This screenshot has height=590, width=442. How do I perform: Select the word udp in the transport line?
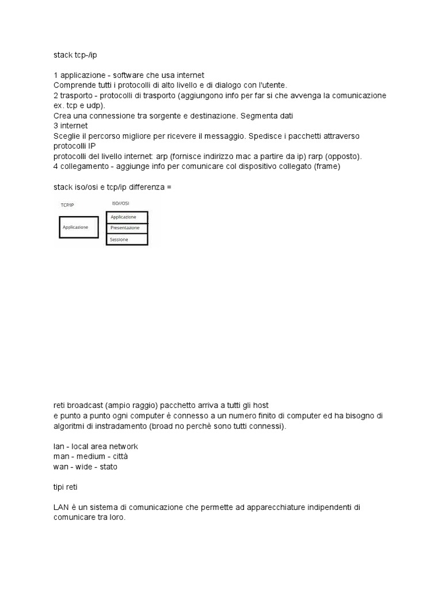click(96, 106)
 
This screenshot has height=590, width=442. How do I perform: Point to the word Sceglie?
click(67, 137)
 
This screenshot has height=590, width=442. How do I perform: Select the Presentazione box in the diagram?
click(127, 228)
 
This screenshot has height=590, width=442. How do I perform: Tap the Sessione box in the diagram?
click(127, 239)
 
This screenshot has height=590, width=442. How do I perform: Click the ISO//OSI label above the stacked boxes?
click(120, 203)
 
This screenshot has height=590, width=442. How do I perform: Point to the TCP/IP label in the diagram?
click(67, 205)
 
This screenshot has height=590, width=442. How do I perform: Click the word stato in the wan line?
click(108, 467)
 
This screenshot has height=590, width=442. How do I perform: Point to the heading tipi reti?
click(65, 487)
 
